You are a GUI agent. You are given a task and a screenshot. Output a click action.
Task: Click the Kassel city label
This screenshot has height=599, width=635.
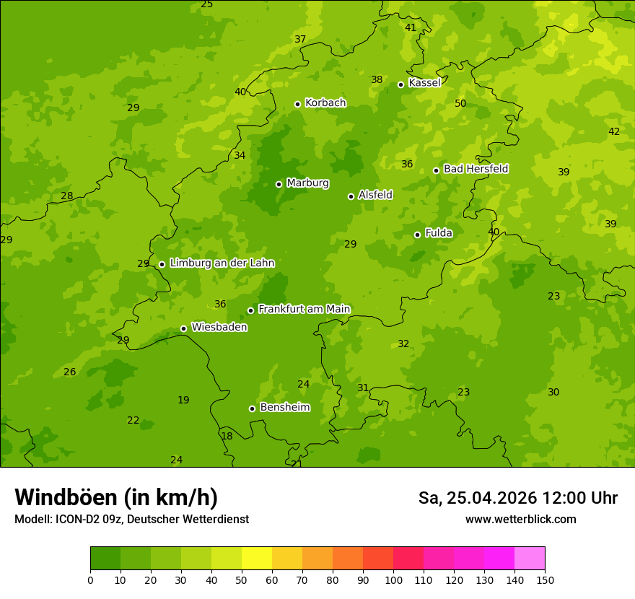pos(424,83)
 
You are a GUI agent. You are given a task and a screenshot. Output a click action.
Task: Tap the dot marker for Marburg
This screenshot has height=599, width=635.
pos(279,184)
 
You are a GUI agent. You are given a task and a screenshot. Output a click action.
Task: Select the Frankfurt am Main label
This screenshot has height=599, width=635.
pos(304,309)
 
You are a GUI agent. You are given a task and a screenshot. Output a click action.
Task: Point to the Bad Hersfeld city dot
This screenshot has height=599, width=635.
pos(436,170)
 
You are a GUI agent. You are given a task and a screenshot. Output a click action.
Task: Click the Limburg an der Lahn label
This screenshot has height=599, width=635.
pos(222,263)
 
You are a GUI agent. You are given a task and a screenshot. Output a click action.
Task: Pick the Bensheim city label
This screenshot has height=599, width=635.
pos(284,407)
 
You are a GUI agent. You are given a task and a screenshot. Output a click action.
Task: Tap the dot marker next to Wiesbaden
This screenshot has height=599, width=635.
pos(183,328)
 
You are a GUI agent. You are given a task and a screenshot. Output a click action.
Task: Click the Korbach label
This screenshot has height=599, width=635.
pos(325,102)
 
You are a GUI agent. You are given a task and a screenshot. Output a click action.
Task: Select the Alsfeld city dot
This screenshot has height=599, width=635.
pos(351,196)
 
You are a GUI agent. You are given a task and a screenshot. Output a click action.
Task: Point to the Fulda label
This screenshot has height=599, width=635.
pos(438,233)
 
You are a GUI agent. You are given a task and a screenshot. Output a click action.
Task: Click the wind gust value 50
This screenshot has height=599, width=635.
pos(460,104)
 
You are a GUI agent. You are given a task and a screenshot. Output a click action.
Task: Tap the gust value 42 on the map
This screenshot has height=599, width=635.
pos(614,131)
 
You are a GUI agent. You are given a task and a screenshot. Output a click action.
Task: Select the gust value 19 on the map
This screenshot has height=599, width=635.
pos(183,400)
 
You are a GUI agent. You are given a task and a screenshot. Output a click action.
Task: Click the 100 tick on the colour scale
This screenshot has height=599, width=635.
pos(393,580)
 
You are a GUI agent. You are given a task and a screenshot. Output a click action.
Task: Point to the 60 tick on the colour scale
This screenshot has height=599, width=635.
pos(272,580)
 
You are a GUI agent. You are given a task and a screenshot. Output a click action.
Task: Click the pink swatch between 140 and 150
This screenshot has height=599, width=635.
pos(530,559)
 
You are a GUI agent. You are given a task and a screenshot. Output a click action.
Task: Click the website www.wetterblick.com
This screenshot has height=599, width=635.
pos(520,519)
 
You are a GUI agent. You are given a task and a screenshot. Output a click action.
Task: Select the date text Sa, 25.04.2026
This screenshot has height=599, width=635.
pos(478,498)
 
